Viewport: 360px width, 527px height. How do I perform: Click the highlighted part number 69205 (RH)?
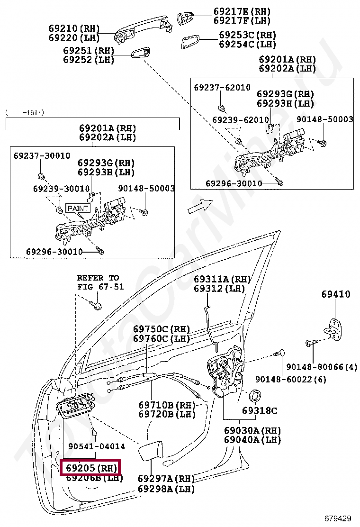click(x=90, y=468)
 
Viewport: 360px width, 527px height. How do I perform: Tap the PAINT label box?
click(x=78, y=208)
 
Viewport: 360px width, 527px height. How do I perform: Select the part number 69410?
click(x=336, y=294)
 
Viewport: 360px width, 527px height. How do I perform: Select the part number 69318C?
click(x=260, y=411)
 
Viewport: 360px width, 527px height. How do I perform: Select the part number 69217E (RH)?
click(x=242, y=11)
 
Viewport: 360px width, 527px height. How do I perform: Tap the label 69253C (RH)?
click(x=247, y=35)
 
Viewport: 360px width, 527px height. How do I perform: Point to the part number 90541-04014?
click(x=97, y=446)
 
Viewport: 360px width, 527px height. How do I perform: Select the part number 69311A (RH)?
click(x=222, y=280)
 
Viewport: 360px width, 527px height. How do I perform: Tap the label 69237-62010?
click(x=222, y=88)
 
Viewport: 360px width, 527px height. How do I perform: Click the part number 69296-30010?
click(x=54, y=251)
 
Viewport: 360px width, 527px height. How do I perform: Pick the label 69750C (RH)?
click(x=161, y=329)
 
